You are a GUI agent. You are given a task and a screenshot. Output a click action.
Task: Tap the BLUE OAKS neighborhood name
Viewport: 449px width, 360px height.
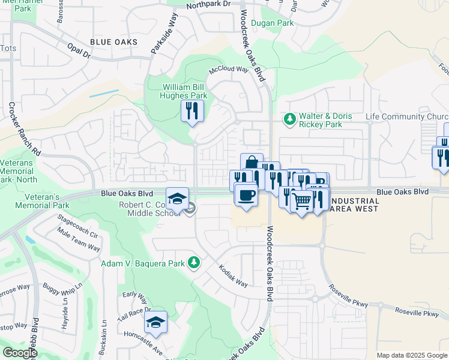(x=113, y=42)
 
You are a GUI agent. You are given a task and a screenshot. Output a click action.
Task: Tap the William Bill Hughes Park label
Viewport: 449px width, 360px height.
(x=185, y=91)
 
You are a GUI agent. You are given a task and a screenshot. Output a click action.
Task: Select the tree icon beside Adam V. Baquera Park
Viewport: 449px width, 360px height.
(x=193, y=262)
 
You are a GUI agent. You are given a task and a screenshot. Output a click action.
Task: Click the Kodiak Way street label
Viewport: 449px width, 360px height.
(x=233, y=275)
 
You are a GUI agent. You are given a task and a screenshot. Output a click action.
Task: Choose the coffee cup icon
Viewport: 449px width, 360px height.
(x=246, y=195)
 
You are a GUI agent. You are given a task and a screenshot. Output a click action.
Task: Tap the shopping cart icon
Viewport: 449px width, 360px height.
(x=301, y=201)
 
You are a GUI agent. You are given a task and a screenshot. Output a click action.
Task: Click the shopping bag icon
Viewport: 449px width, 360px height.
(x=252, y=163)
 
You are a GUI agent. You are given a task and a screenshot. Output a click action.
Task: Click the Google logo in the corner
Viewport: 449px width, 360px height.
(x=19, y=352)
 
